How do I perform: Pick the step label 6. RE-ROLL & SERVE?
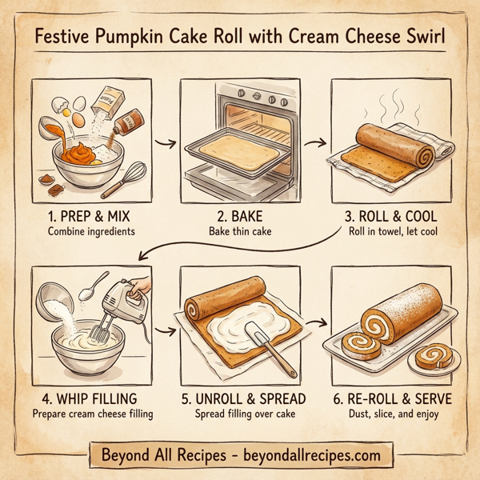point(390,398)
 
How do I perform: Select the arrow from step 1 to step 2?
point(165,143)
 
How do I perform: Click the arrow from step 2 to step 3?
point(315,143)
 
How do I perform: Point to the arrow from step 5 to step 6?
point(315,323)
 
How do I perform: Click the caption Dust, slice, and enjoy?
point(390,414)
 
